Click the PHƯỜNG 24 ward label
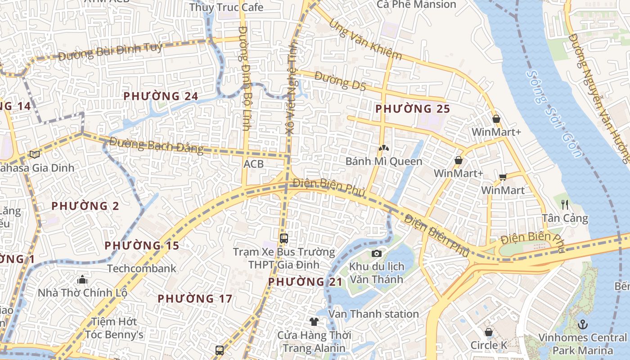(x=161, y=96)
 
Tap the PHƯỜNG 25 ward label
(x=413, y=109)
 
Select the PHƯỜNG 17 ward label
(x=195, y=299)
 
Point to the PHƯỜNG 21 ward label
(x=306, y=282)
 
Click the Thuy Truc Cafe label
(x=226, y=8)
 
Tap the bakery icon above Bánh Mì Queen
(x=383, y=148)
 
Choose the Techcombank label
(x=142, y=269)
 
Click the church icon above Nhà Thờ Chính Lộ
(x=82, y=280)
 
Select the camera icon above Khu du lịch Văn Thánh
(x=377, y=254)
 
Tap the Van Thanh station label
(x=373, y=314)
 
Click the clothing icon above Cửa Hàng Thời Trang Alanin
(x=314, y=322)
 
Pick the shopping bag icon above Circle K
(x=489, y=333)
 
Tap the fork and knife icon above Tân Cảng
(x=565, y=205)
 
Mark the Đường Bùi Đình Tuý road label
(x=110, y=51)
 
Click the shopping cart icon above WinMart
(x=503, y=177)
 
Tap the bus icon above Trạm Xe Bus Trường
(x=283, y=238)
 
